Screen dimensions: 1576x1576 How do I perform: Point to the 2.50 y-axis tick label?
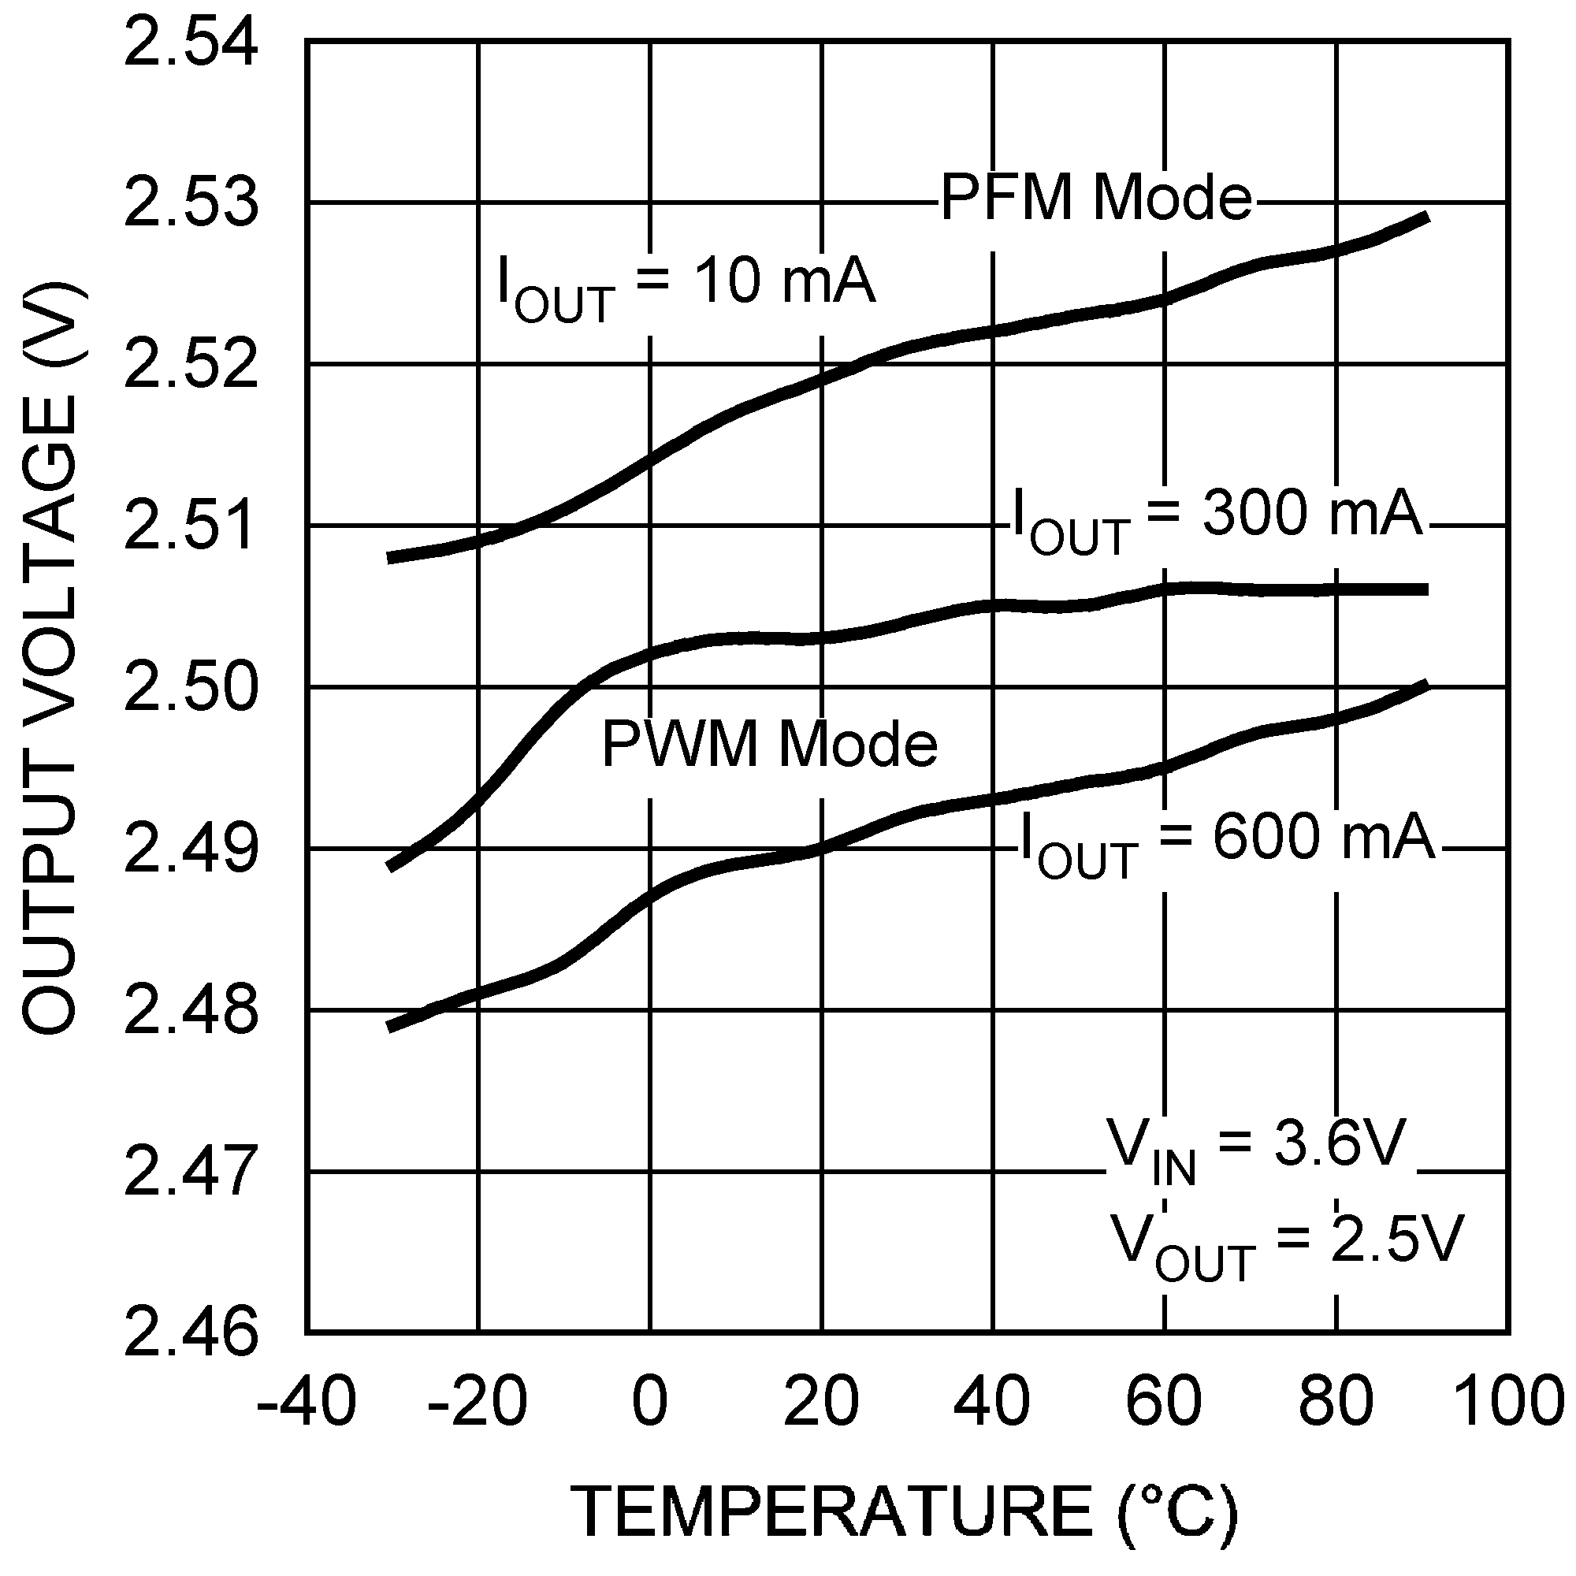coord(190,688)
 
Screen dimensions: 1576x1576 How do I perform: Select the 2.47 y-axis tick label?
coord(190,1173)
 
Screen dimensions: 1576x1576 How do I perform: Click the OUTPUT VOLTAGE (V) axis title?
coord(50,659)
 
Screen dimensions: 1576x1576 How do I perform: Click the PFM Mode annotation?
coord(1095,199)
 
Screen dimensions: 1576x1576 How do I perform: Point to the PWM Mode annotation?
coord(769,744)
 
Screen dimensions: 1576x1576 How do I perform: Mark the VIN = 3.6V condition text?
coord(1254,1150)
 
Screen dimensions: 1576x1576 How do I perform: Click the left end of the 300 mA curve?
coord(392,866)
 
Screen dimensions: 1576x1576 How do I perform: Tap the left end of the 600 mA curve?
coord(392,1027)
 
